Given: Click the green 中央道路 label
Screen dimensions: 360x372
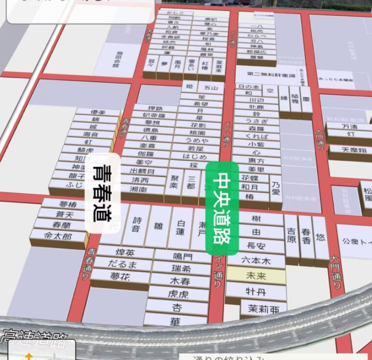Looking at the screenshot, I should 222,208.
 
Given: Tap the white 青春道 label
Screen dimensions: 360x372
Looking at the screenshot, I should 111,192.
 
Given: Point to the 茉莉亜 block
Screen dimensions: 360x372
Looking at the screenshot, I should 263,309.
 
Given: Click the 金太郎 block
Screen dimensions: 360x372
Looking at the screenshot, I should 58,236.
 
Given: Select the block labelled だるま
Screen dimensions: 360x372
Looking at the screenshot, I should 123,264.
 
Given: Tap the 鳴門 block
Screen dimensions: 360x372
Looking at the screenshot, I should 182,256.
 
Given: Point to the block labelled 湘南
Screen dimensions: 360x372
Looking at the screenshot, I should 140,189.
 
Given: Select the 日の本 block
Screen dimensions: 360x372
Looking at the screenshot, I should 249,87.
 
